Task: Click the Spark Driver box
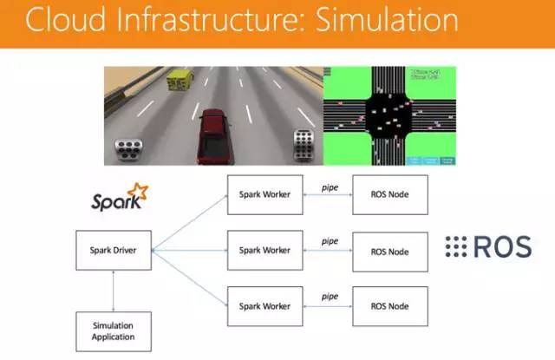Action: click(114, 251)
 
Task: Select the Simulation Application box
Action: click(114, 331)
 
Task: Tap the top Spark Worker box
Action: click(264, 195)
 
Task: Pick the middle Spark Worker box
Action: click(264, 251)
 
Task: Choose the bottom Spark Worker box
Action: click(264, 306)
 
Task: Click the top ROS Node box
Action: click(389, 195)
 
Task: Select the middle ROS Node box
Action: click(389, 251)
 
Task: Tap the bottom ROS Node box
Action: click(389, 306)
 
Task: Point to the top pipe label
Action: click(329, 187)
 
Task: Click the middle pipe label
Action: click(329, 241)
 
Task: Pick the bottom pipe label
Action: click(329, 297)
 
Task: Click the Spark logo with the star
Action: click(119, 199)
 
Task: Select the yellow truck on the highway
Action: click(180, 81)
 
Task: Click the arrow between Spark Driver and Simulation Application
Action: click(114, 291)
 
